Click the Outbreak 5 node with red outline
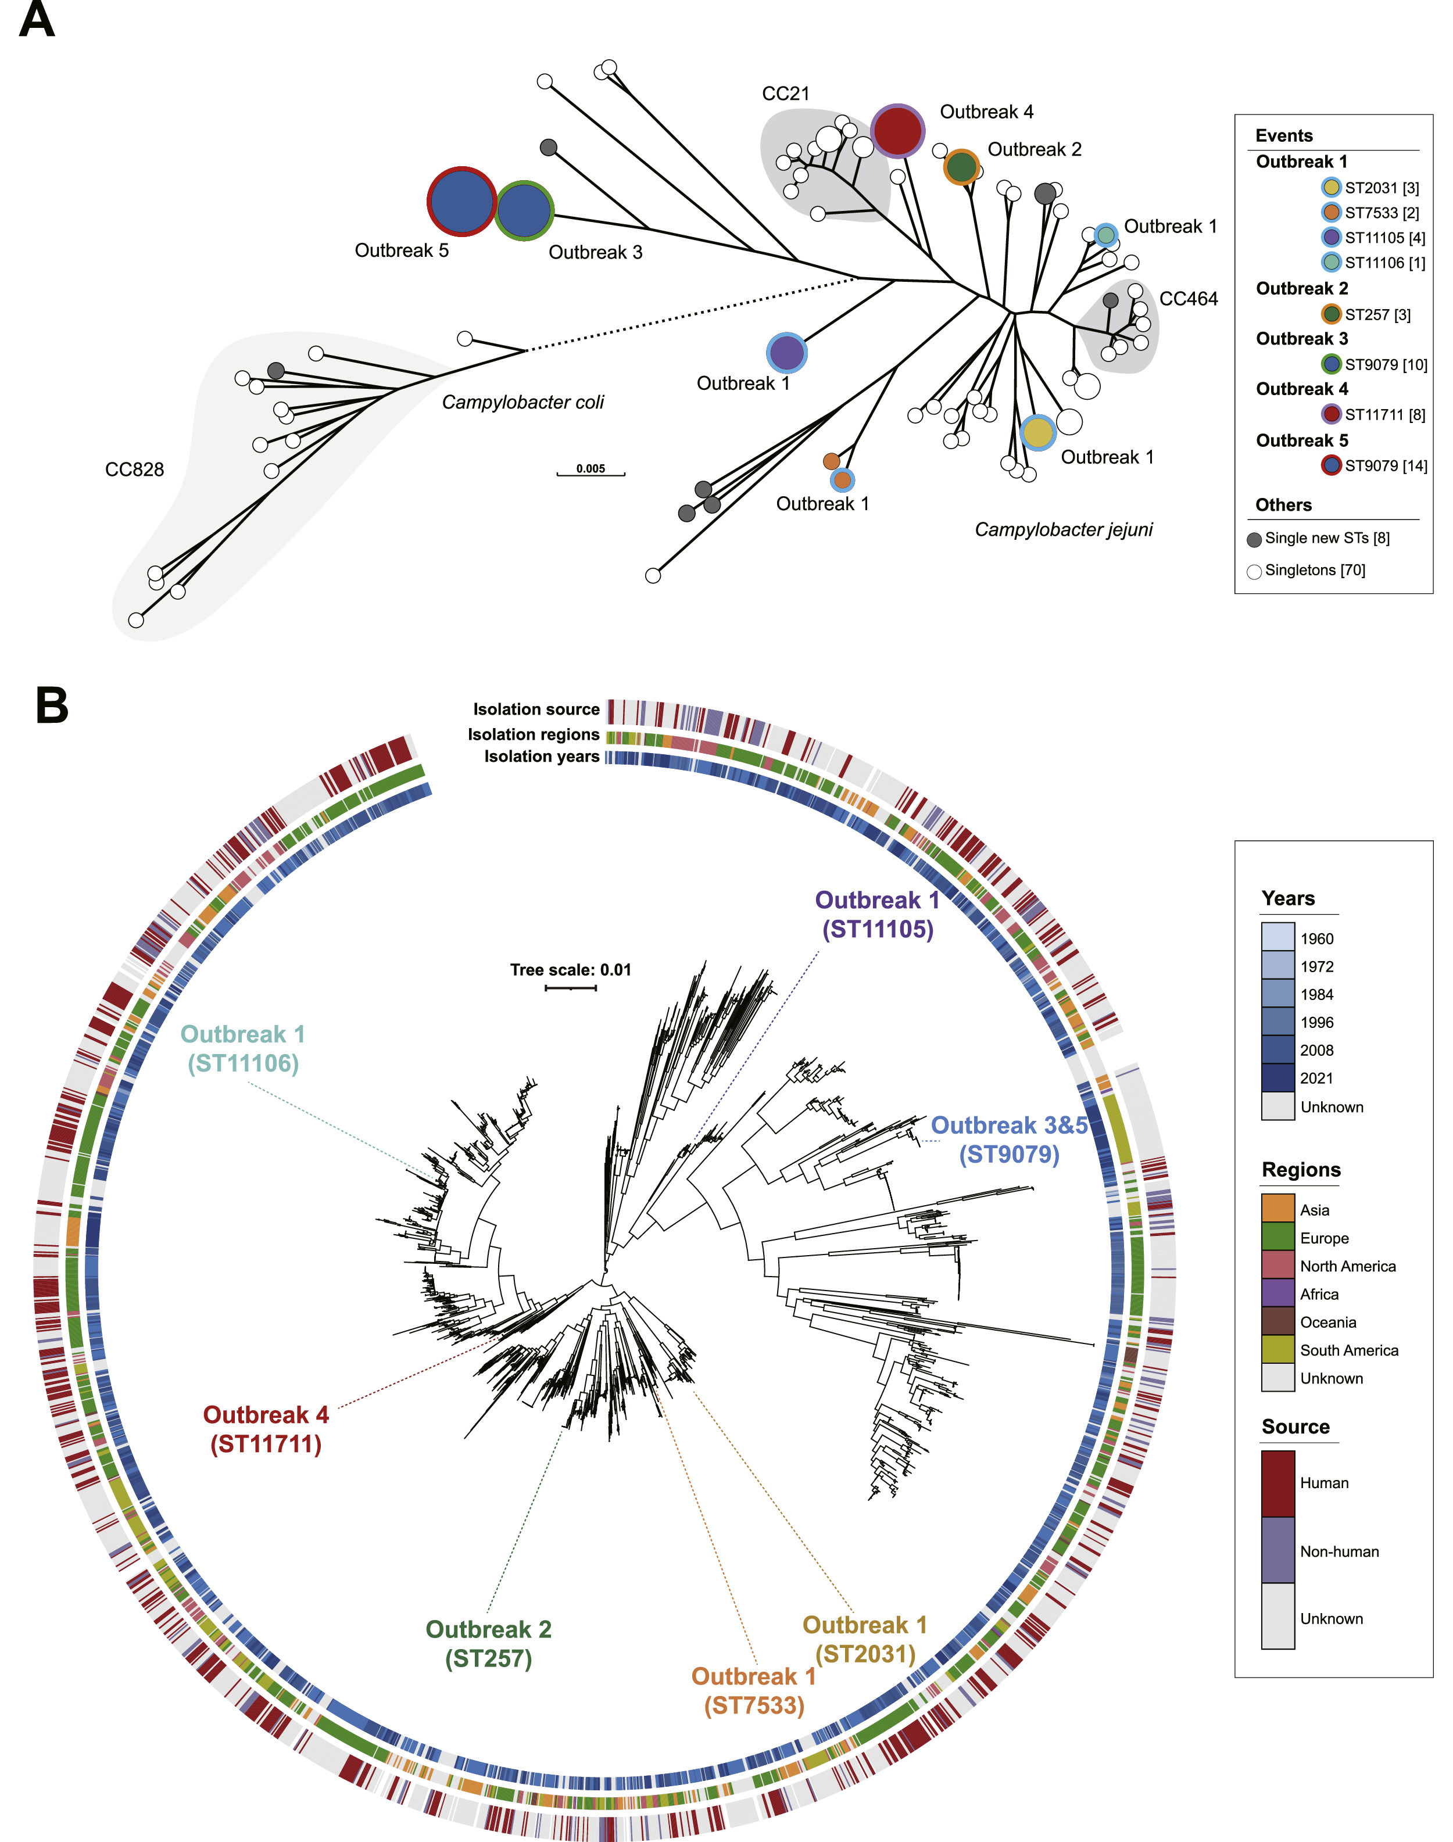click(461, 202)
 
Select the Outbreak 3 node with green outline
click(524, 210)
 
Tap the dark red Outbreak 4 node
click(897, 131)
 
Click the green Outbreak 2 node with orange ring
click(961, 167)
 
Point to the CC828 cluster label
click(134, 470)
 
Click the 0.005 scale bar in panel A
click(590, 472)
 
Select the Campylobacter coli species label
click(522, 402)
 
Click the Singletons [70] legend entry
click(1314, 571)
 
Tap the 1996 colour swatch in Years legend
click(1277, 1022)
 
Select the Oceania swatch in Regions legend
click(1277, 1321)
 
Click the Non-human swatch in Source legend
click(1277, 1550)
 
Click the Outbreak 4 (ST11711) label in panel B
click(266, 1429)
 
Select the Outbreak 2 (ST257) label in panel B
click(488, 1643)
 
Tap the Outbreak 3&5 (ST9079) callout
click(1009, 1139)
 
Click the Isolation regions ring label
click(534, 734)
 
